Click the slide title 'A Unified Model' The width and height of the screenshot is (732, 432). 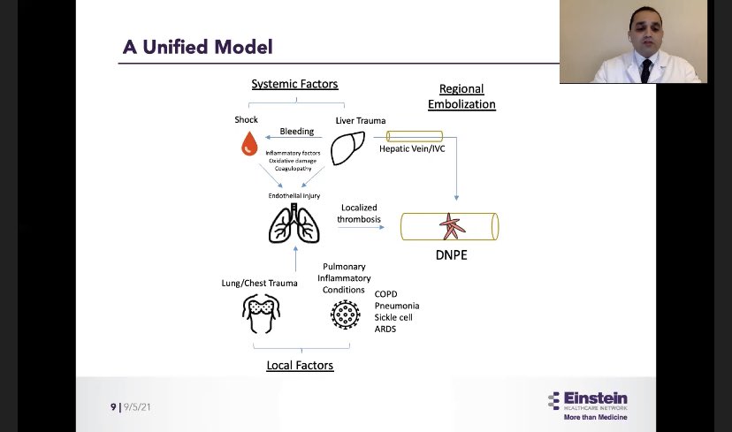[x=197, y=47]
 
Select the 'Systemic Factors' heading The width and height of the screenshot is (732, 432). [x=294, y=84]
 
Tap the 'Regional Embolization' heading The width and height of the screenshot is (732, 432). [x=461, y=97]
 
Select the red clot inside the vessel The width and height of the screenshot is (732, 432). [x=452, y=226]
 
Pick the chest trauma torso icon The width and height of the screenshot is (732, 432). [x=262, y=312]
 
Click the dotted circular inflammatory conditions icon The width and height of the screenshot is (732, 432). [x=344, y=314]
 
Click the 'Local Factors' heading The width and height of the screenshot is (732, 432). [x=300, y=365]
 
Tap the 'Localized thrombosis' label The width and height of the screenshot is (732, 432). [x=359, y=214]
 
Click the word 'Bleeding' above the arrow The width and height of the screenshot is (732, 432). [x=297, y=131]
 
